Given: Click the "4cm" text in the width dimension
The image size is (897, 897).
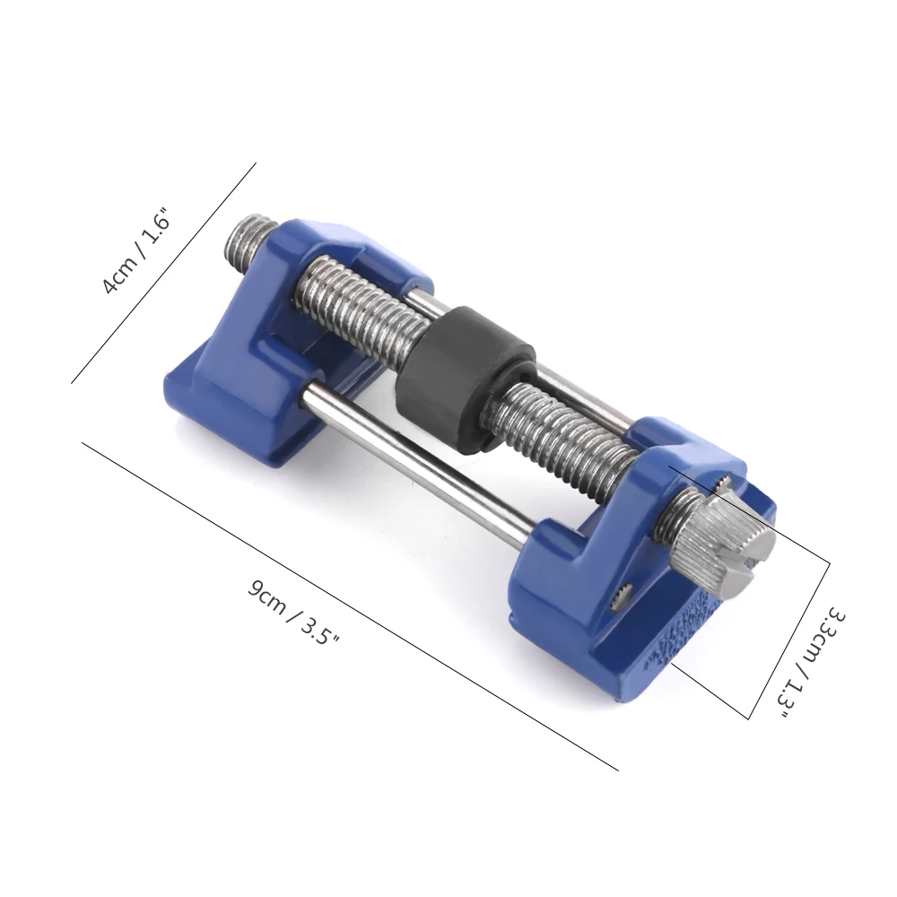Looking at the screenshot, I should (x=118, y=273).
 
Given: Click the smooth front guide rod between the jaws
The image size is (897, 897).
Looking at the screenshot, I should (x=413, y=457).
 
